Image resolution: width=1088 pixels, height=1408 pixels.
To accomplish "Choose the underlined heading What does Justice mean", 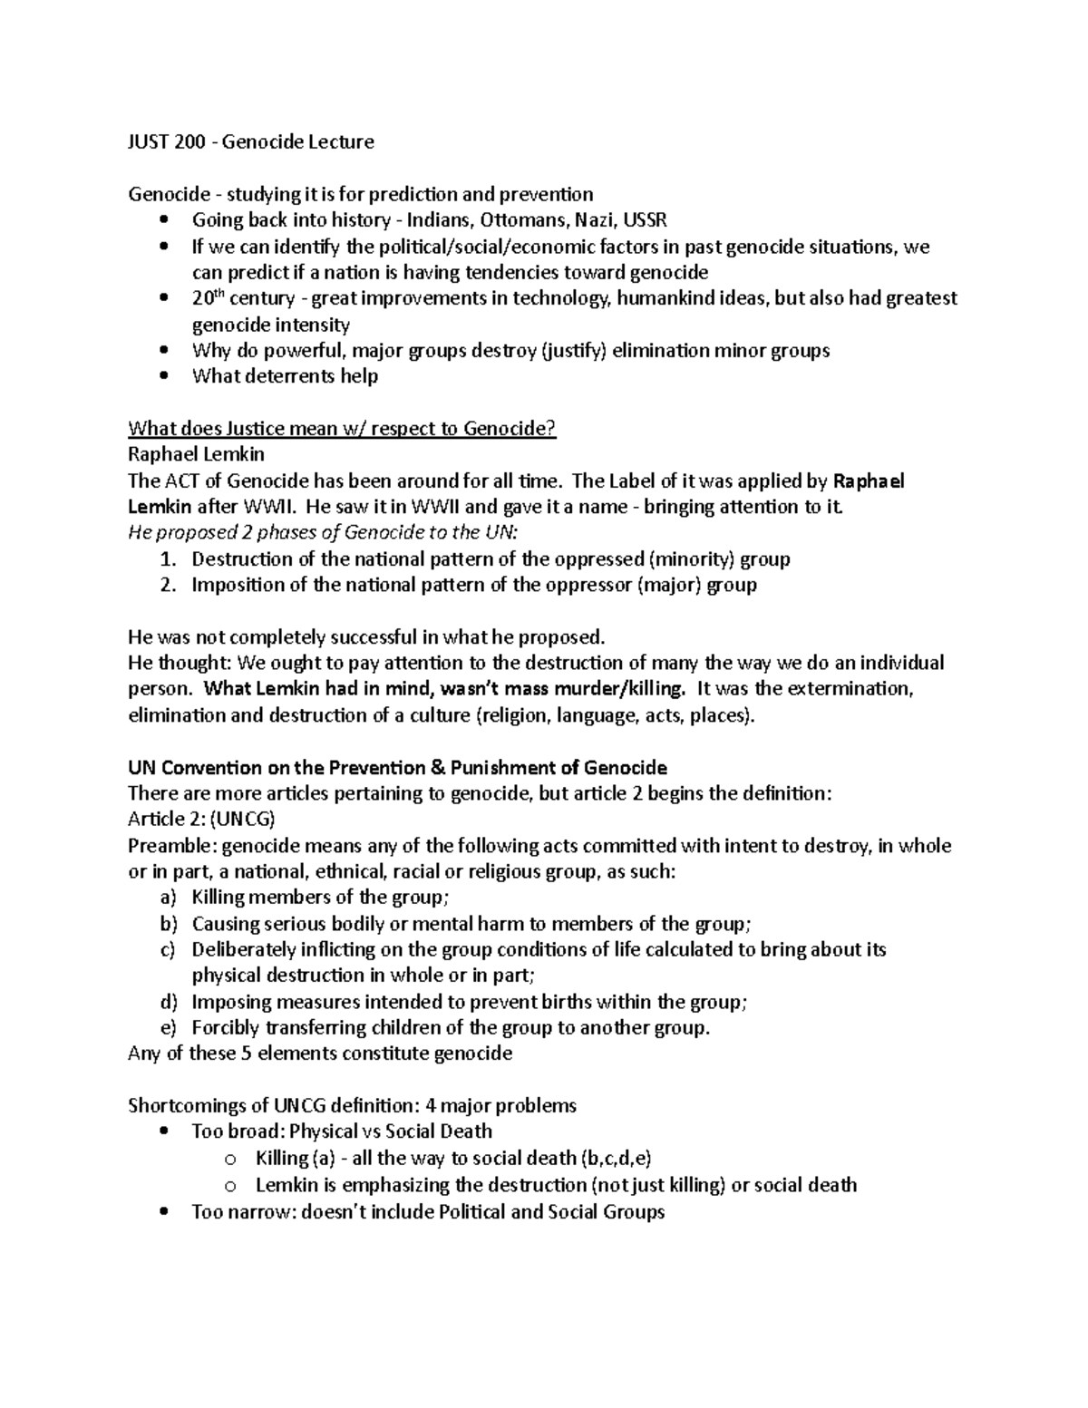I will (341, 429).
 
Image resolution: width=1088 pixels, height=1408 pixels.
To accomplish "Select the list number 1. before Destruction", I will (167, 559).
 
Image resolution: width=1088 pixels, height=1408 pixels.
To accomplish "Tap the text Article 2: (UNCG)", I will (201, 820).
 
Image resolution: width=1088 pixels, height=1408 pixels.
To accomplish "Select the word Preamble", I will (170, 846).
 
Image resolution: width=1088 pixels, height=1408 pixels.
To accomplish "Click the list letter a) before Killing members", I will (166, 898).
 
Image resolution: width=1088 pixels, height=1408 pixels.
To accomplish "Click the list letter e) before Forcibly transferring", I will (166, 1028).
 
